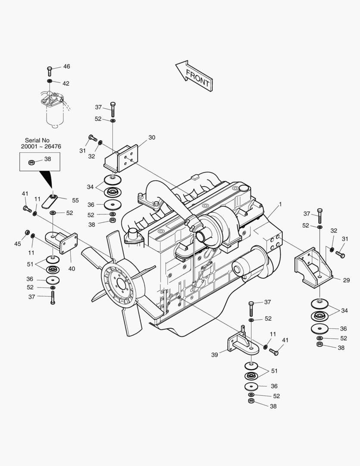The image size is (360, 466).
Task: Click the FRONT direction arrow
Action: [x=194, y=76]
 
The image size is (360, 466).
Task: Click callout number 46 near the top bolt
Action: [x=66, y=66]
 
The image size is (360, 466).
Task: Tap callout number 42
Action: [x=66, y=83]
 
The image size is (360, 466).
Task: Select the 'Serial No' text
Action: [x=37, y=140]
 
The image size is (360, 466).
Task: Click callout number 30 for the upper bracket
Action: [x=152, y=138]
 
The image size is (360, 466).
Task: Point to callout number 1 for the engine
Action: [x=280, y=204]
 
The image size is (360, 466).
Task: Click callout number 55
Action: [x=75, y=200]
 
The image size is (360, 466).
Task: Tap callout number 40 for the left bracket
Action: [x=72, y=269]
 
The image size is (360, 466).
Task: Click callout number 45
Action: [x=17, y=244]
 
